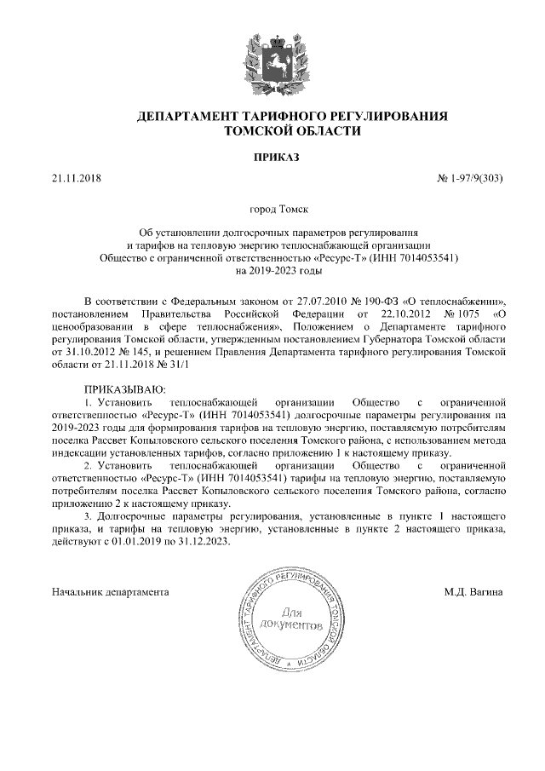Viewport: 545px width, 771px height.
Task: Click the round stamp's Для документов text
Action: pyautogui.click(x=291, y=619)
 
